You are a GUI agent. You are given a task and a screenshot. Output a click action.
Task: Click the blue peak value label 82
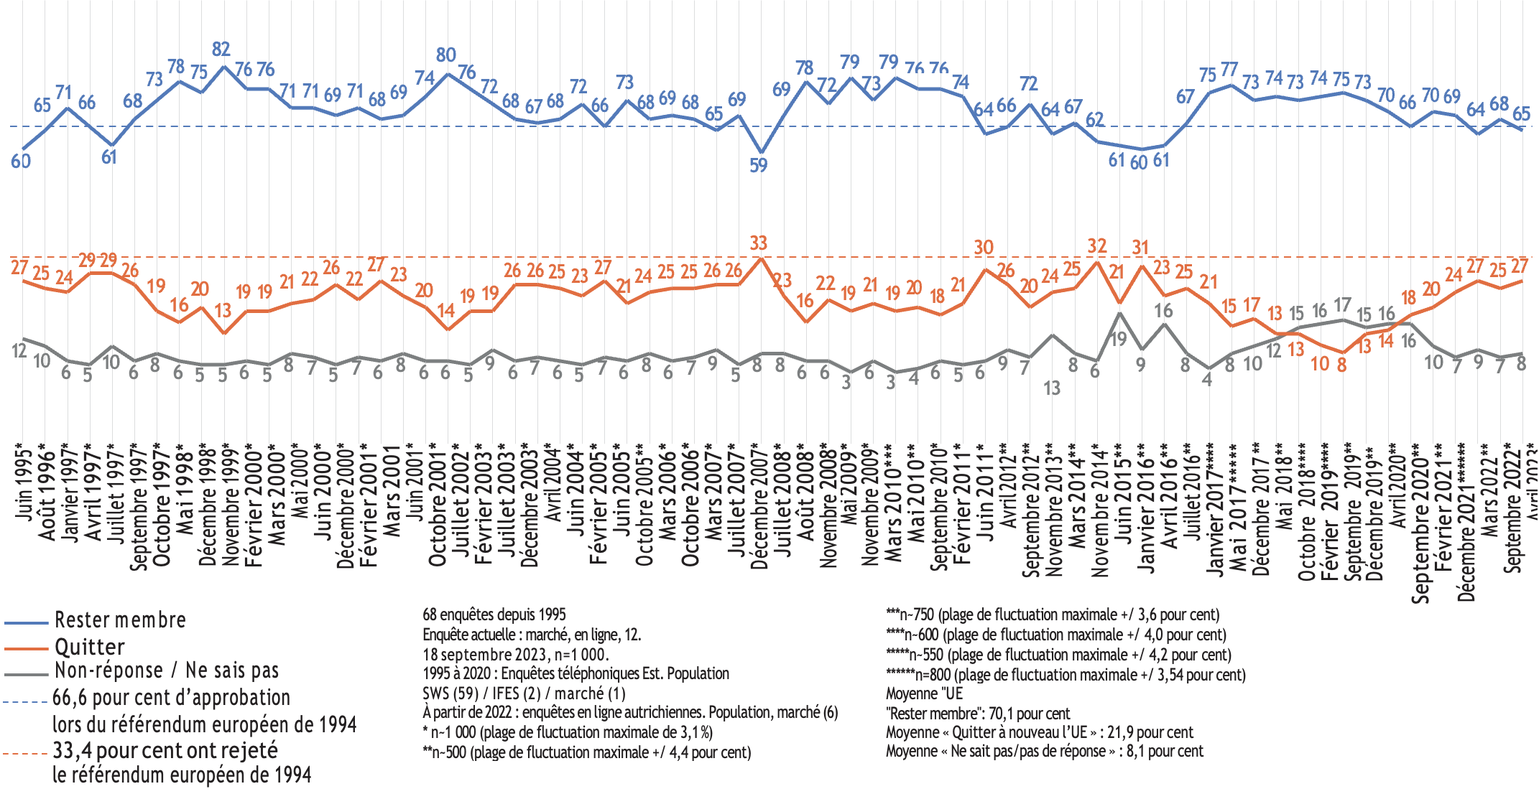point(221,49)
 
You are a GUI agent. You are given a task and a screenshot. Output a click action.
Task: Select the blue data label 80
point(445,55)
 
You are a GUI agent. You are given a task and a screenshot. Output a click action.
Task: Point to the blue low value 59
point(758,165)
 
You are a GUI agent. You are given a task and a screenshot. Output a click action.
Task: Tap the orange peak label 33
point(758,243)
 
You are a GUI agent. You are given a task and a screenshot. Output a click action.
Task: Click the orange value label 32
point(1096,246)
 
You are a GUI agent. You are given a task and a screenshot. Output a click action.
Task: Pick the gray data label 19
point(1119,339)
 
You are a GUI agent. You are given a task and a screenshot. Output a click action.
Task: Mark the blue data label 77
point(1229,69)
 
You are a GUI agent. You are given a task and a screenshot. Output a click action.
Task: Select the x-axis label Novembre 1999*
point(230,506)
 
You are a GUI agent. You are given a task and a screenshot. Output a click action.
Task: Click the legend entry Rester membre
point(120,620)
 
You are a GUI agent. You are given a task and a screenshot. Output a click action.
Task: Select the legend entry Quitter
point(89,647)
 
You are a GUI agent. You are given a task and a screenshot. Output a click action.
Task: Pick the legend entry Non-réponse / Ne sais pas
point(166,671)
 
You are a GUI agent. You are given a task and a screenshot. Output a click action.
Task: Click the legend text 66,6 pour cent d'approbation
point(171,697)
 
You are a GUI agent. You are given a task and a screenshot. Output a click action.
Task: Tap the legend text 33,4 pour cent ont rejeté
point(165,750)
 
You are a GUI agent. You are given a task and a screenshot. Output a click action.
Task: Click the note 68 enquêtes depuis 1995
point(494,615)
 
